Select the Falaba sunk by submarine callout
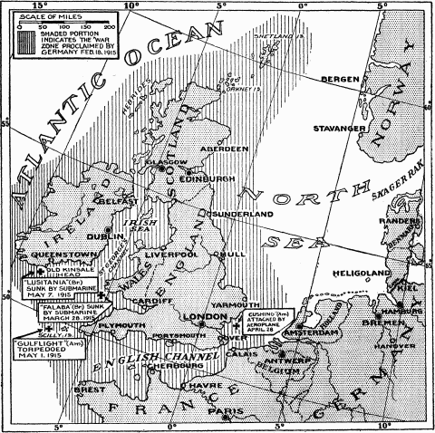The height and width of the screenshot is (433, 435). [69, 314]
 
